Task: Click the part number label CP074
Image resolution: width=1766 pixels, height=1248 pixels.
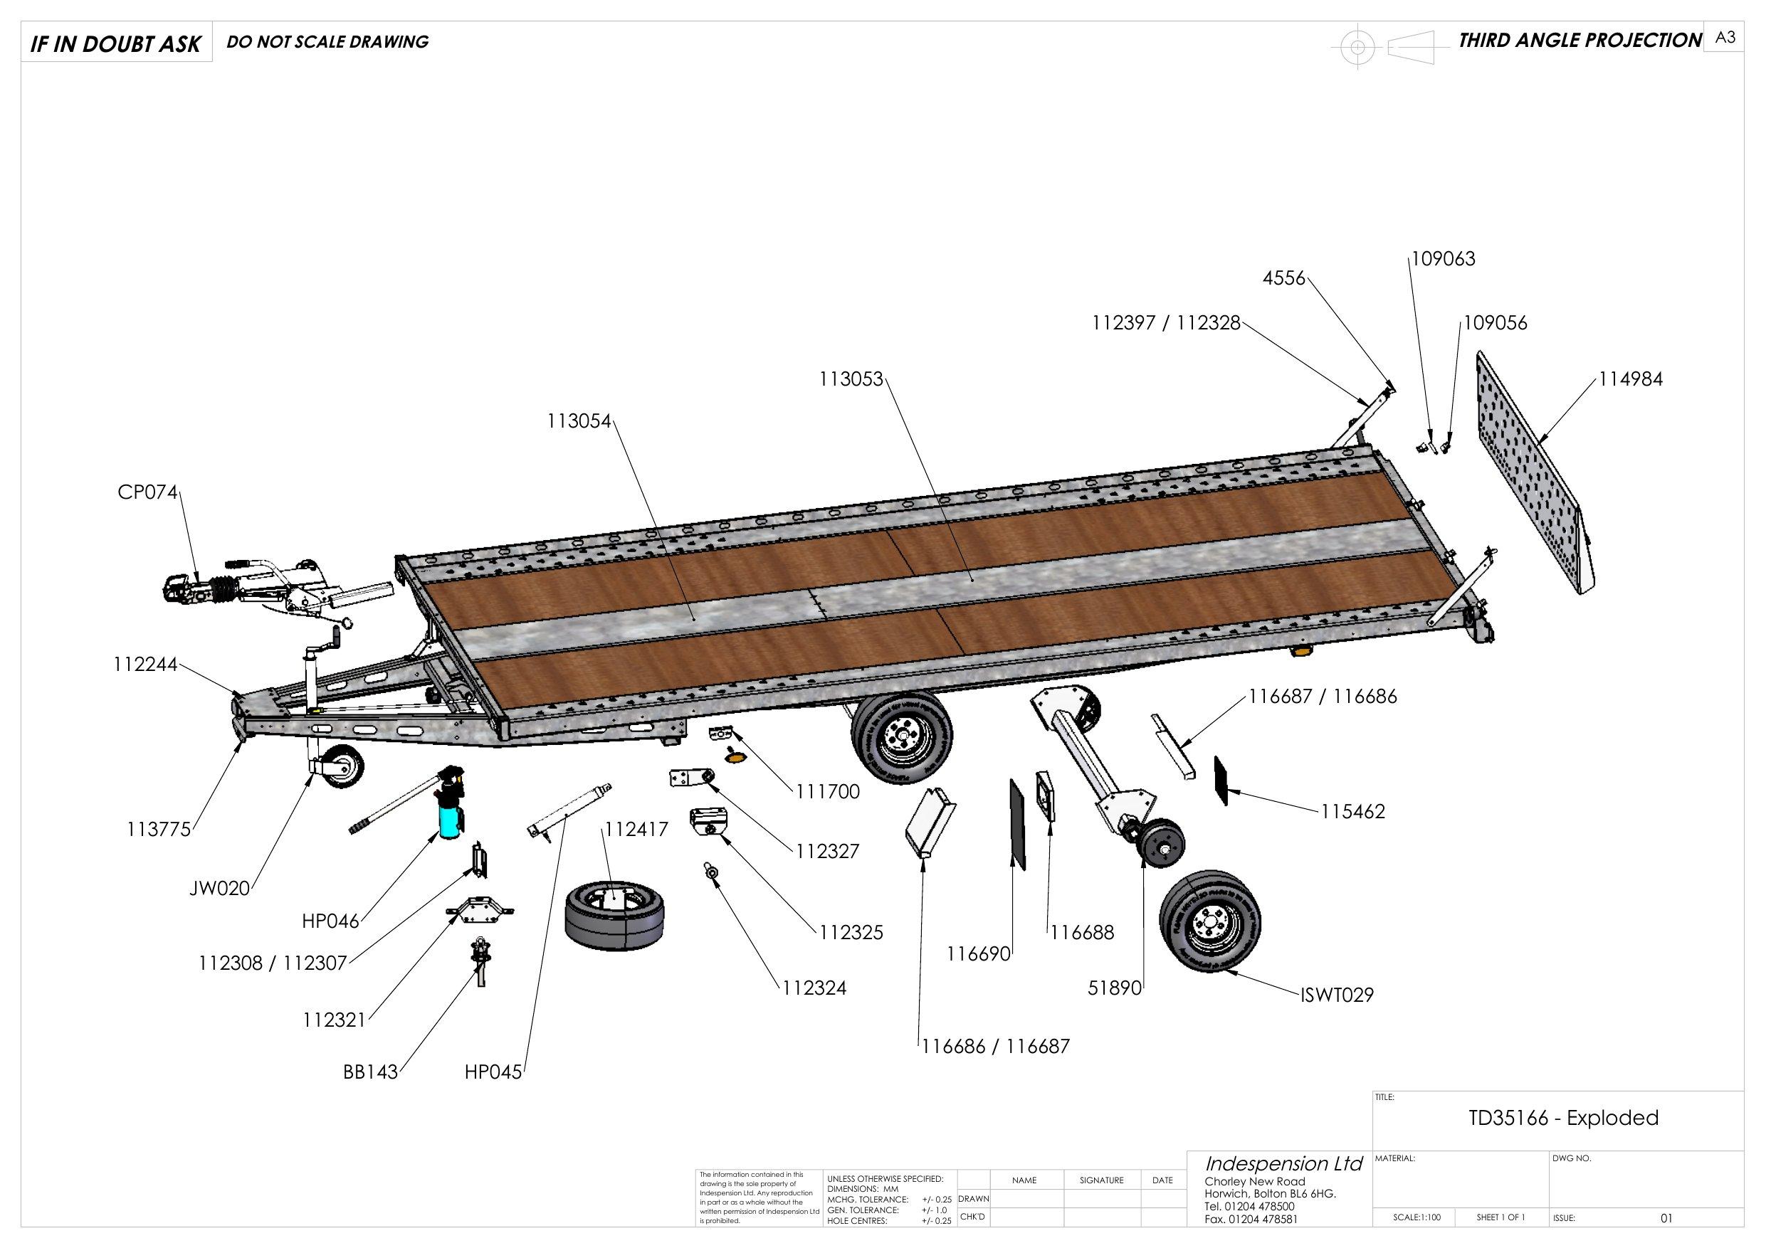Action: click(147, 492)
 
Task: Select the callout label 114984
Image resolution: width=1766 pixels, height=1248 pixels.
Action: click(1631, 379)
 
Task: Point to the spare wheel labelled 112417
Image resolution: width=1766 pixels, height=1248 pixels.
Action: click(613, 916)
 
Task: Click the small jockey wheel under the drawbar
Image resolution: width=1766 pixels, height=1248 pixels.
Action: click(343, 766)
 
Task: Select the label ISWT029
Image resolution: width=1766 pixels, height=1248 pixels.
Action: click(1337, 995)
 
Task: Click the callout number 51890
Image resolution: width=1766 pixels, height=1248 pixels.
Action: click(1114, 988)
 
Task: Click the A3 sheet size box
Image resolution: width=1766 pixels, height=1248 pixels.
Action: click(1725, 38)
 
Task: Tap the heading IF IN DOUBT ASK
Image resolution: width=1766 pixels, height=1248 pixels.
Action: click(115, 44)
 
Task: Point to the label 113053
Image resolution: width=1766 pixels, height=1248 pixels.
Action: click(851, 379)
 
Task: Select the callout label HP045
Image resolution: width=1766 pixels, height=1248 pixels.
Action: click(493, 1072)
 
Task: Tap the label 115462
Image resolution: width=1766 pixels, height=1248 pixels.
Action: click(1353, 811)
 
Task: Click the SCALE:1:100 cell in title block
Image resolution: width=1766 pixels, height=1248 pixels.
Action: click(1417, 1217)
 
